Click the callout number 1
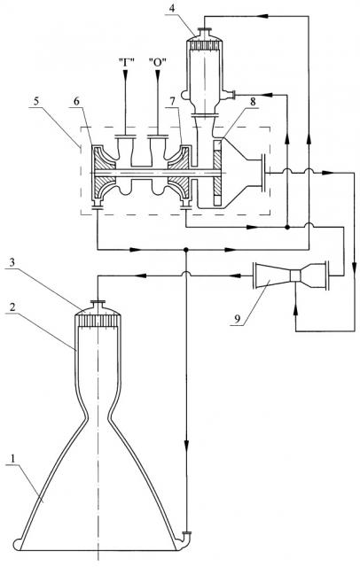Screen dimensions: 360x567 click(13, 459)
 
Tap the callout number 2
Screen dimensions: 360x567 click(12, 307)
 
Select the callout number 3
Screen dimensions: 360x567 click(12, 262)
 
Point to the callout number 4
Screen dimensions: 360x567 click(172, 8)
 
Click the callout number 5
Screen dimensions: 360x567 click(35, 101)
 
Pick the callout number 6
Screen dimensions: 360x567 click(76, 101)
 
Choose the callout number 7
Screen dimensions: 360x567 click(173, 102)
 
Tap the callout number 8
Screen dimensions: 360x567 click(253, 102)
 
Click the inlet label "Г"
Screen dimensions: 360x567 click(126, 62)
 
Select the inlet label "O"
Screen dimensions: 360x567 click(157, 62)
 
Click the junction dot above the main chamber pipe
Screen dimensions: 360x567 click(185, 250)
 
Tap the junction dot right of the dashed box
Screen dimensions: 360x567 click(287, 228)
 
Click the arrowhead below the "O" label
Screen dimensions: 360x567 click(158, 74)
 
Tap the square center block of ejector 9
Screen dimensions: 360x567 click(296, 276)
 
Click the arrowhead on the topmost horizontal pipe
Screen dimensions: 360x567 click(263, 16)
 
